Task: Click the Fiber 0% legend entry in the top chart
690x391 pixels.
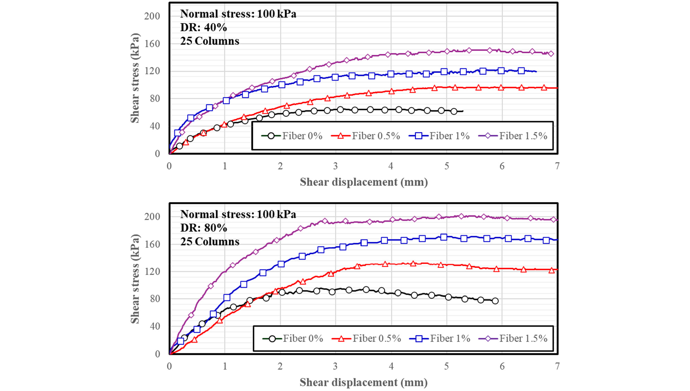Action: pos(292,136)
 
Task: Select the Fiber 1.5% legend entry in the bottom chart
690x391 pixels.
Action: pos(517,338)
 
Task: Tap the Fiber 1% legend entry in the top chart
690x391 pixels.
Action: pos(439,136)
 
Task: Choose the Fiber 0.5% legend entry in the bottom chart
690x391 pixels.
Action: pos(367,338)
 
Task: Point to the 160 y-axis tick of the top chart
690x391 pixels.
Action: pos(152,44)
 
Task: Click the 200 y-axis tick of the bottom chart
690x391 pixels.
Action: pos(152,216)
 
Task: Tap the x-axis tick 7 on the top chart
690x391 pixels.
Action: pos(557,166)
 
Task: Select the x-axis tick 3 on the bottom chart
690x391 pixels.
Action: pos(335,366)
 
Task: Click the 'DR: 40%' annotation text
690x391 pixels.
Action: pos(203,27)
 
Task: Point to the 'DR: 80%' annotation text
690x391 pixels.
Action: pos(203,228)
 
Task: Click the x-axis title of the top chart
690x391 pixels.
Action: pos(364,182)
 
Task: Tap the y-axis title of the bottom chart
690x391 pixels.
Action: pos(135,279)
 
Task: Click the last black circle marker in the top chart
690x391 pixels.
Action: pos(454,111)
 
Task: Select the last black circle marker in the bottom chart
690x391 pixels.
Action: pos(495,301)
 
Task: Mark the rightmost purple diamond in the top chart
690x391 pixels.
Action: pos(551,54)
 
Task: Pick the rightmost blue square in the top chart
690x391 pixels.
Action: pos(521,71)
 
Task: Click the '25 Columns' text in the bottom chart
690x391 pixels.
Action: pos(210,242)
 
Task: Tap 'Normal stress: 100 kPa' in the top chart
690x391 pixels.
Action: pos(238,14)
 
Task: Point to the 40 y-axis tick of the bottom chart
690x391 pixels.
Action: pos(155,326)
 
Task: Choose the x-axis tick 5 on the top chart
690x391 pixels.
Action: pos(446,166)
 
